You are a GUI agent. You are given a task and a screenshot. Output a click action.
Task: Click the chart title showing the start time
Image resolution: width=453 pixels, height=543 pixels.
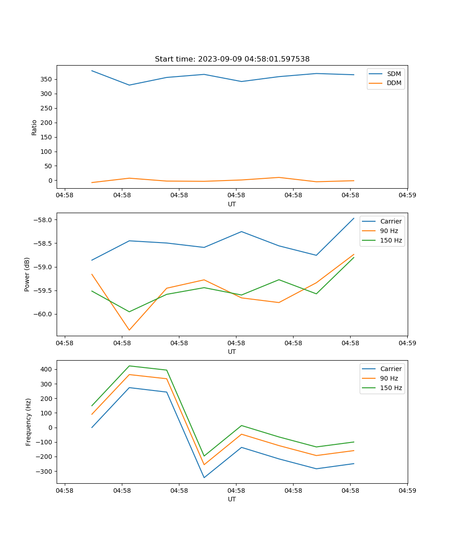[x=232, y=59]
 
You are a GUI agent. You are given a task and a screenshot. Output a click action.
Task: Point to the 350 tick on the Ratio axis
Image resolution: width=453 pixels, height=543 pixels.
[x=47, y=80]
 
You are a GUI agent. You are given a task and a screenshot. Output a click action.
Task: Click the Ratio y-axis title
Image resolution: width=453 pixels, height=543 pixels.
[x=34, y=127]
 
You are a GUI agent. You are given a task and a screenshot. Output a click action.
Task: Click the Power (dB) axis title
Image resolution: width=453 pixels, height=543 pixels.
[x=27, y=274]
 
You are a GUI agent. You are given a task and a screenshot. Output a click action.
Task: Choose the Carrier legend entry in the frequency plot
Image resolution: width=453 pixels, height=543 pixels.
[x=390, y=369]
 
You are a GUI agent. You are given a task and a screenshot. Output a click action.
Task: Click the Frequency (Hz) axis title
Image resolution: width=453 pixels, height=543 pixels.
[x=28, y=422]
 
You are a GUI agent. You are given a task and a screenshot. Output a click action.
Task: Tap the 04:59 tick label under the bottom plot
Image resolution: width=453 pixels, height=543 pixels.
[x=407, y=490]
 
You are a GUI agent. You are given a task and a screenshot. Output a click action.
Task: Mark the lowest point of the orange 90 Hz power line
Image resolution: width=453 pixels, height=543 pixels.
[x=129, y=330]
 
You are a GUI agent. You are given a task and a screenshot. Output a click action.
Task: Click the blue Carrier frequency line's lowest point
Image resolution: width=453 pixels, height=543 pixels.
[x=204, y=477]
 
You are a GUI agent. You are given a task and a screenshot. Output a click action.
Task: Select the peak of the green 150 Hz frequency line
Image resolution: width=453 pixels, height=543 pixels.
[x=129, y=366]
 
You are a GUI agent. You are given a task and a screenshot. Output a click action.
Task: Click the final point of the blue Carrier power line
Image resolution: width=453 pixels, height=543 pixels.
[x=354, y=218]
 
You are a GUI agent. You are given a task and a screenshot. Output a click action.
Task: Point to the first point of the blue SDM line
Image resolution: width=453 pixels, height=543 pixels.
[x=92, y=71]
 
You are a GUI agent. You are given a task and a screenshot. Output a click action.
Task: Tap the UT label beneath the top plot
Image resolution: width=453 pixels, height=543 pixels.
[x=232, y=204]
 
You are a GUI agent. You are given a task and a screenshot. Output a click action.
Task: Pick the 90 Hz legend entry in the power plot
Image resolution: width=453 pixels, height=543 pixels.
[x=389, y=231]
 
